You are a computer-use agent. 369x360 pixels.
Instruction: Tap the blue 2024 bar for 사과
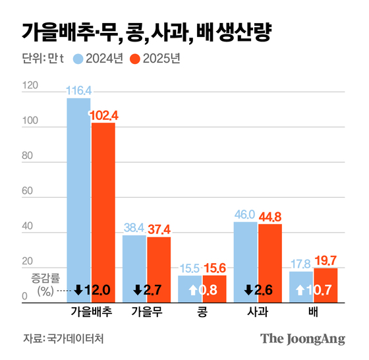246,257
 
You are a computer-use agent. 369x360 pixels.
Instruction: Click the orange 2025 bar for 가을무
159,257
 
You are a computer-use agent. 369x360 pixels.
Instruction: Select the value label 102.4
103,116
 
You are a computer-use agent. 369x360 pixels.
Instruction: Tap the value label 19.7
326,262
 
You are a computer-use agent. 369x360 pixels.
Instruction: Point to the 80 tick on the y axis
28,157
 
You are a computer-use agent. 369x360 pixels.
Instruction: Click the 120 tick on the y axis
29,86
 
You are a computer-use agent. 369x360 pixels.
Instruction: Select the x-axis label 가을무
146,309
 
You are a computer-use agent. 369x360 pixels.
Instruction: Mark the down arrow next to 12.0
78,289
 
